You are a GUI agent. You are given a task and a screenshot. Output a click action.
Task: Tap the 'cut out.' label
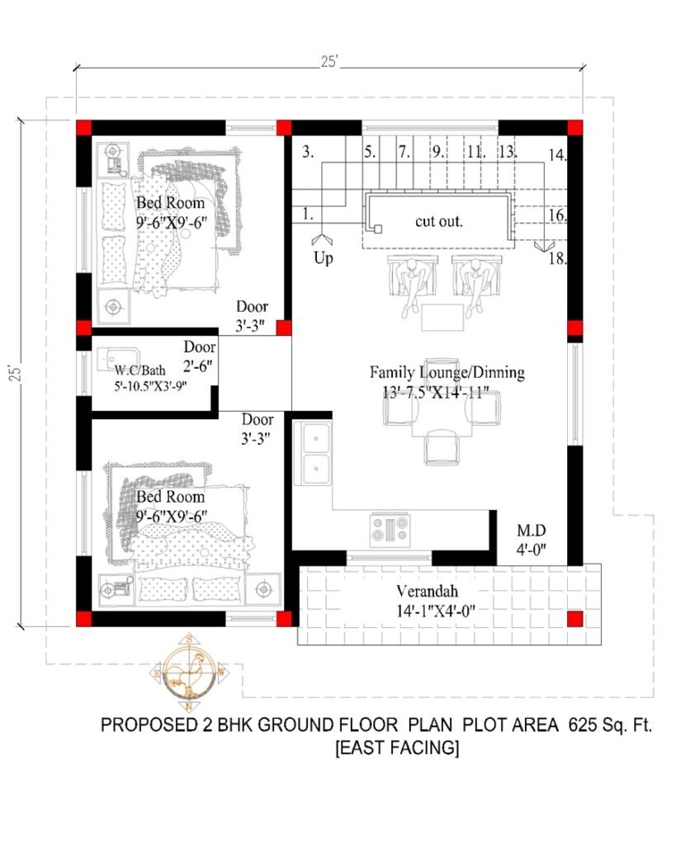(x=438, y=222)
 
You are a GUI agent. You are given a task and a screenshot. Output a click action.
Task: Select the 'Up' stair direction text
(x=323, y=258)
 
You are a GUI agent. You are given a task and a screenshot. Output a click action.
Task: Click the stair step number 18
(x=556, y=259)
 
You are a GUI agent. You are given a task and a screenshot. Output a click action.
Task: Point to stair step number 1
(x=307, y=214)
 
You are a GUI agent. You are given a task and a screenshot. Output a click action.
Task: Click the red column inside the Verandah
(x=574, y=619)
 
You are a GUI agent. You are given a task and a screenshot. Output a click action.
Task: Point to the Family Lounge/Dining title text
(x=447, y=373)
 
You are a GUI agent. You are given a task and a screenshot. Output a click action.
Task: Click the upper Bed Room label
(x=170, y=203)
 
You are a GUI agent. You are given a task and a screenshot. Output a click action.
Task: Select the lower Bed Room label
(x=170, y=498)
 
